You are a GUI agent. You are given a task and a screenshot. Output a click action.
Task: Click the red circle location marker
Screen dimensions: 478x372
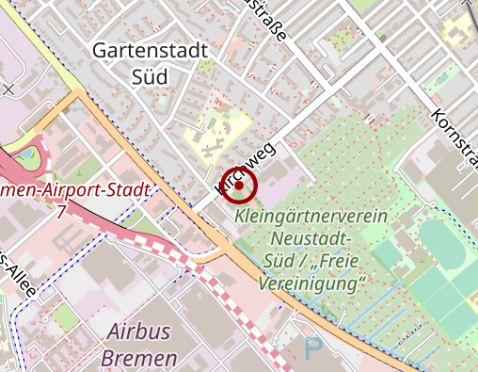pyautogui.click(x=239, y=186)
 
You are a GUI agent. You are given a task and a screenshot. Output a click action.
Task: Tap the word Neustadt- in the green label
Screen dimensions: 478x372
pyautogui.click(x=309, y=238)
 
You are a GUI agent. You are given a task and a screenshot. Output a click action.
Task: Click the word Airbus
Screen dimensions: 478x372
pyautogui.click(x=141, y=332)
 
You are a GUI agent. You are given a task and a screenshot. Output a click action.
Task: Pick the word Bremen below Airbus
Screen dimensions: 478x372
pyautogui.click(x=141, y=359)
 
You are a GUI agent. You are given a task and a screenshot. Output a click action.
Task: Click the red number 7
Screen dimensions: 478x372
pyautogui.click(x=60, y=213)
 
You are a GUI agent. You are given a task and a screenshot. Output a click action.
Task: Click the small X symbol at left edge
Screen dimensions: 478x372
pyautogui.click(x=8, y=89)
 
